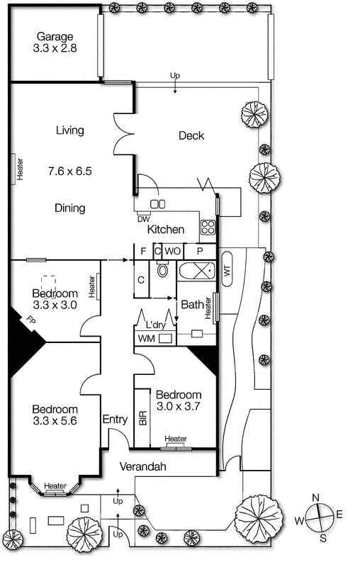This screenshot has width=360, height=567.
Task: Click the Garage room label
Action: click(x=54, y=36)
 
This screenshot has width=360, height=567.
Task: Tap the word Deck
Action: click(x=191, y=135)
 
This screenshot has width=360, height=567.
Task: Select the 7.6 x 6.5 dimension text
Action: click(x=71, y=171)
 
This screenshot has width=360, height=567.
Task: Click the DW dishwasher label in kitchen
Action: click(x=144, y=218)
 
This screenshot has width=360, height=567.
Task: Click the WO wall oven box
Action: click(x=173, y=251)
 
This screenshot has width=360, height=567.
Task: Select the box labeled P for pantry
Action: click(x=200, y=251)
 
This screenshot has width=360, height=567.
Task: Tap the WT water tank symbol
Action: click(x=227, y=269)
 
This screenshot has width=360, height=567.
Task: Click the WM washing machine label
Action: click(x=146, y=339)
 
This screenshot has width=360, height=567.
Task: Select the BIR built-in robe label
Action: click(x=143, y=417)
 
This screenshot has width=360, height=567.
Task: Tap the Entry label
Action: click(x=115, y=419)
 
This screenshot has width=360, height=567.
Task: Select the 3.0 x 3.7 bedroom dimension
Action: click(x=179, y=406)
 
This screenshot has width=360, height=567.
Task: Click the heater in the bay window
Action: click(x=55, y=486)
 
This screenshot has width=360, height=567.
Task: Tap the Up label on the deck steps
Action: click(x=174, y=75)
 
